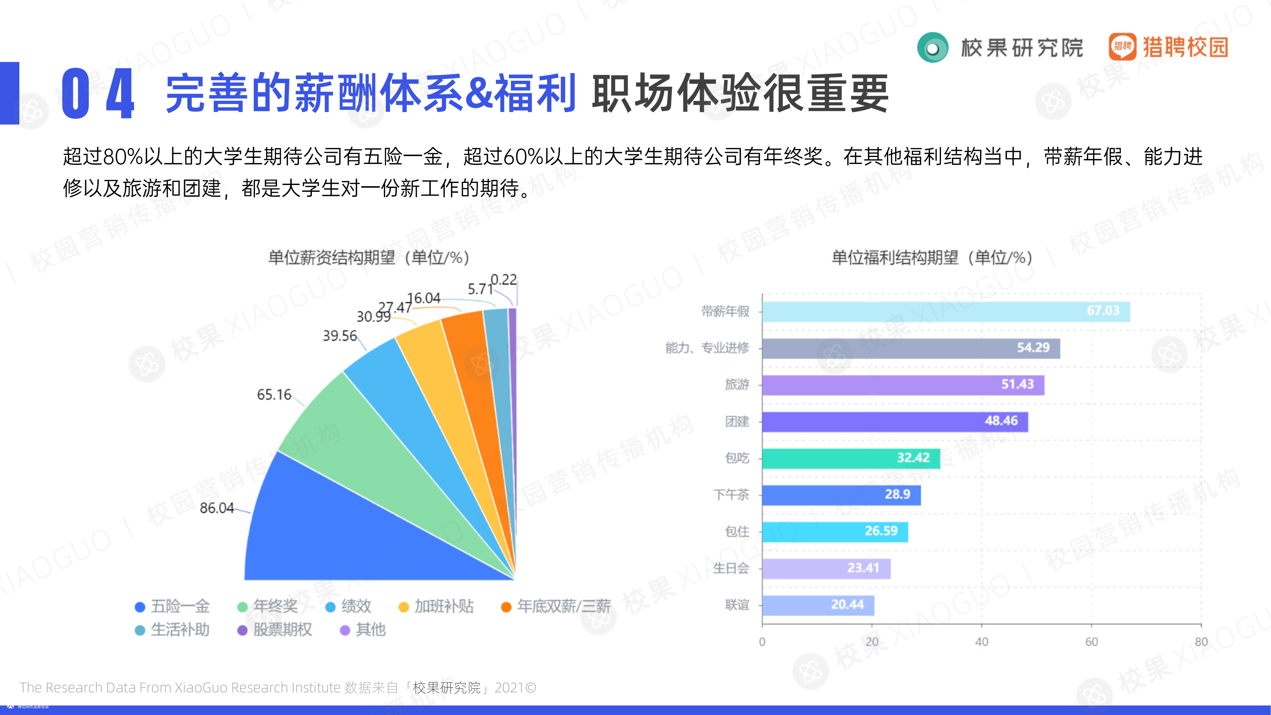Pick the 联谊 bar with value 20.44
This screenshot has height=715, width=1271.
[818, 605]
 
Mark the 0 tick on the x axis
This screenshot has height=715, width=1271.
[762, 642]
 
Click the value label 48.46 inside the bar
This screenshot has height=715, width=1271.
[1001, 421]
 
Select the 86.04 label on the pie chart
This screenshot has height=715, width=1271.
[217, 508]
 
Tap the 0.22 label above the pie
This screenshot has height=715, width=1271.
[503, 280]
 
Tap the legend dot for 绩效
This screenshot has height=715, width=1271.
[330, 607]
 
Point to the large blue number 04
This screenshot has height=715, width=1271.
[98, 94]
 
